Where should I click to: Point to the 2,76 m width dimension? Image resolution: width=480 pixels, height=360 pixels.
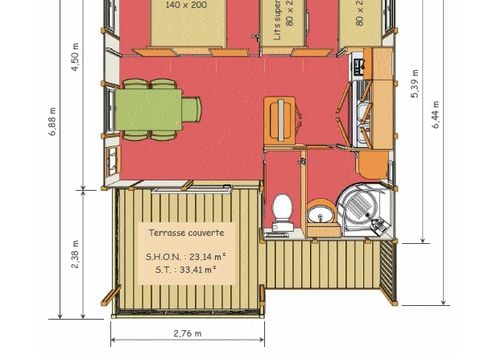(x=187, y=333)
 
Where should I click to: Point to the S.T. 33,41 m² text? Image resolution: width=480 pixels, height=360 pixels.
(x=187, y=268)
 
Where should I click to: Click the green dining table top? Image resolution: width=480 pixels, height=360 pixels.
(x=148, y=109)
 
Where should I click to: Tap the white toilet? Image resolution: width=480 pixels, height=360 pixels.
(x=283, y=211)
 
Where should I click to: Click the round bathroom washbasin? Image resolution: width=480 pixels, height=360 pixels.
(x=323, y=211)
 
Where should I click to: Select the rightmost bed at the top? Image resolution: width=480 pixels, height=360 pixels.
(x=359, y=20)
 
